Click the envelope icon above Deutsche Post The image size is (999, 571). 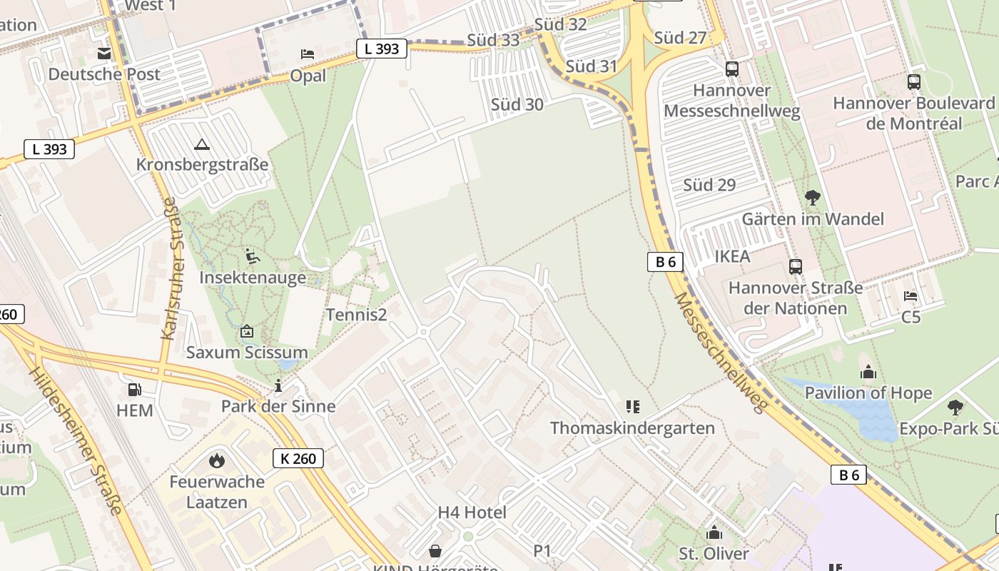[x=104, y=54]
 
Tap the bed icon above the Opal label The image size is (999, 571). [x=308, y=54]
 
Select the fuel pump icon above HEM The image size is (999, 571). [x=134, y=390]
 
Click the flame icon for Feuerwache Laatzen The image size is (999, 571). [x=216, y=460]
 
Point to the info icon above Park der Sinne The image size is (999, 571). [x=278, y=386]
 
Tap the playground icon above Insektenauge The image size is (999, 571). [x=252, y=256]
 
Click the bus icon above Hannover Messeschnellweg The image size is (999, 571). [x=732, y=69]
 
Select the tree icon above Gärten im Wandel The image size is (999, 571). [x=812, y=197]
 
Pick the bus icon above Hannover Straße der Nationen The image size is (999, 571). [x=796, y=267]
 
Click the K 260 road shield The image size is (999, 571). [x=298, y=458]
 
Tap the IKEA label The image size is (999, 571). [x=732, y=256]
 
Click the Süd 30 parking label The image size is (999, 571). [x=517, y=105]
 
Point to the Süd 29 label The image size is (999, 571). [x=709, y=185]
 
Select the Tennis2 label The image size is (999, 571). [x=356, y=314]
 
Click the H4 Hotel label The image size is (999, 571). [x=472, y=512]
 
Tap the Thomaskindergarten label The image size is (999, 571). [x=632, y=428]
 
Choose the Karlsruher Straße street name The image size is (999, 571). [x=169, y=268]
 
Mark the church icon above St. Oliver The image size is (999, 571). [x=714, y=533]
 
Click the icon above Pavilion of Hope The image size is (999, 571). [x=868, y=372]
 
